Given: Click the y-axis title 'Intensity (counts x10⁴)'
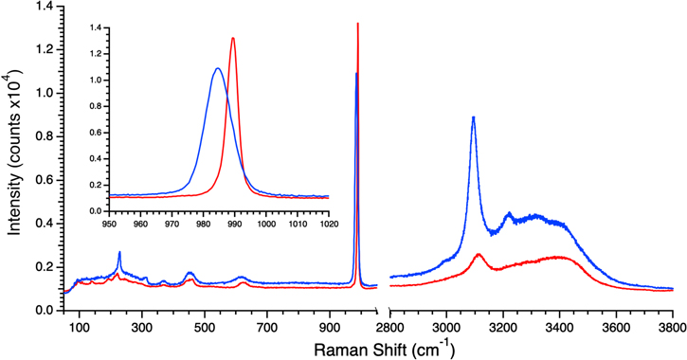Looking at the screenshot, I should pos(13,156).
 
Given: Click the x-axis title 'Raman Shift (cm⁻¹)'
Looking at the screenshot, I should pos(375,349).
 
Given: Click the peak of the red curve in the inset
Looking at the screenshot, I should pos(233,38).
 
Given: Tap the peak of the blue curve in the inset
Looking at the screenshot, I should pos(218,68).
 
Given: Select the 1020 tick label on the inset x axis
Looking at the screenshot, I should pos(328,225).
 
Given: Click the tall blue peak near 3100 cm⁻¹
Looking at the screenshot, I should pos(473,117).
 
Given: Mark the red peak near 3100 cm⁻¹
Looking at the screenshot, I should pos(479,254).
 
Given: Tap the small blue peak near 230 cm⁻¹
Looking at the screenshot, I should pos(119,252).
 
